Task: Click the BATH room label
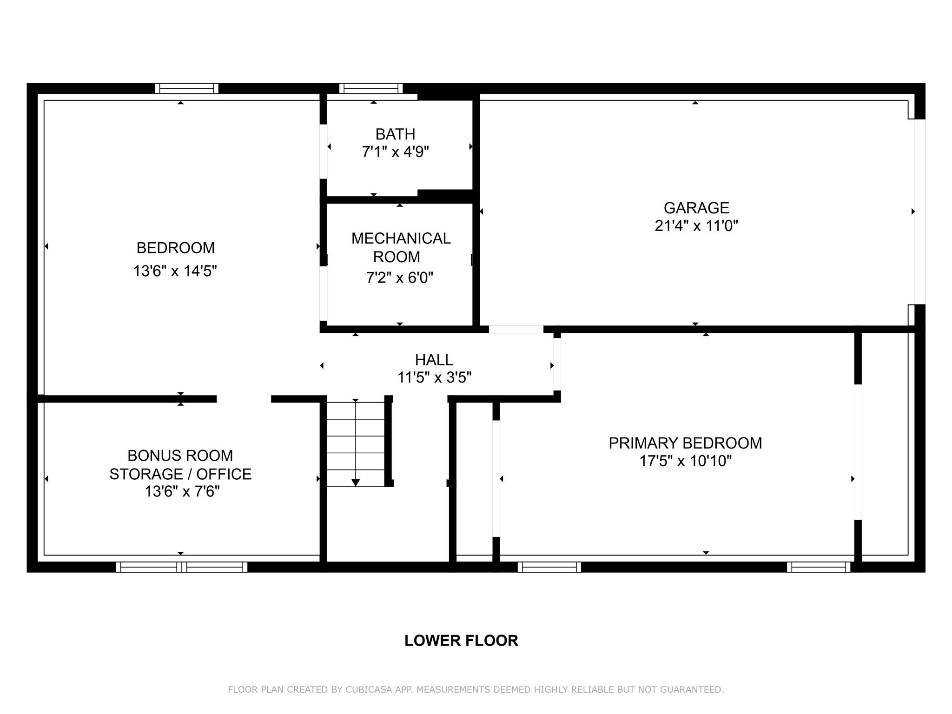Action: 395,134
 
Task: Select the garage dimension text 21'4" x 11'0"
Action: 696,226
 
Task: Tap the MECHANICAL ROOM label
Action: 400,247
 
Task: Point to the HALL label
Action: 434,360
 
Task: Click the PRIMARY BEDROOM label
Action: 685,443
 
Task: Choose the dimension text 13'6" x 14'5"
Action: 175,271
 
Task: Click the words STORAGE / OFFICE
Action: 180,474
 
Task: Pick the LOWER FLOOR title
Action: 461,641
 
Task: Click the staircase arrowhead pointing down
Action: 356,482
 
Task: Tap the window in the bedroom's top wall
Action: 186,88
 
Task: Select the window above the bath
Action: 371,88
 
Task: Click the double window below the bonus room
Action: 182,567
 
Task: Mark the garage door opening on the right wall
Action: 920,212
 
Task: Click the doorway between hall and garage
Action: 516,329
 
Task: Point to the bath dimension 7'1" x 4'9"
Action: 395,152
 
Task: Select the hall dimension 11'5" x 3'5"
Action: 434,377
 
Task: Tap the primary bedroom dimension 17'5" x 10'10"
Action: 685,461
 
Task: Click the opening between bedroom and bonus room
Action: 244,399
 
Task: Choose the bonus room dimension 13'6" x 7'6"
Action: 182,491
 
